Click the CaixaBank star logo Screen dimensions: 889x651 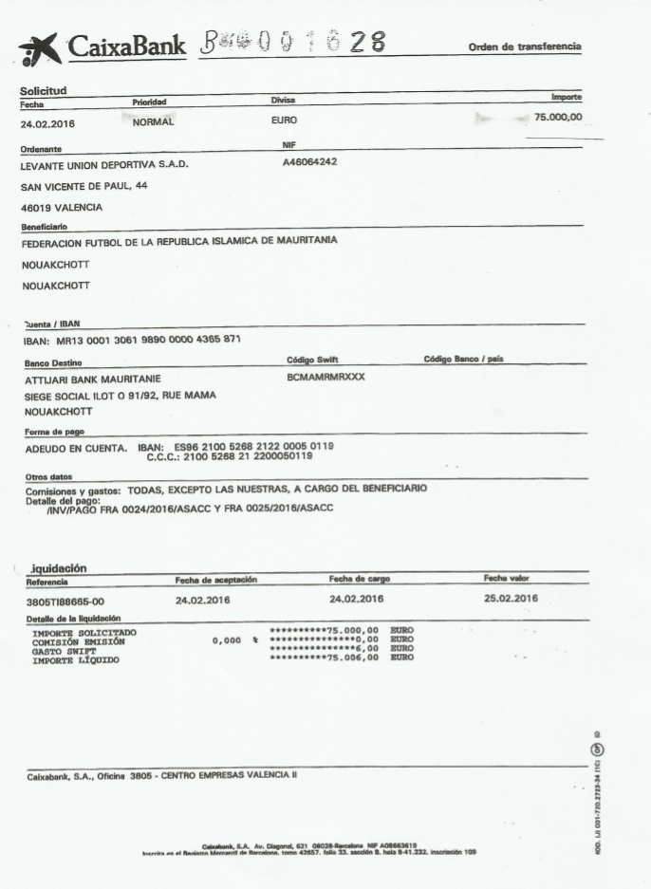(x=40, y=48)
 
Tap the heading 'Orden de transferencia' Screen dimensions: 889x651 (x=524, y=47)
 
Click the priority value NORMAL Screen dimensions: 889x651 (x=156, y=121)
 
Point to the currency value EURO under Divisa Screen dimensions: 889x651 (x=284, y=120)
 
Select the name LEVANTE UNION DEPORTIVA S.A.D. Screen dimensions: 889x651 (x=104, y=166)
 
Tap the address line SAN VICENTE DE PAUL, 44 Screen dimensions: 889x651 (x=84, y=186)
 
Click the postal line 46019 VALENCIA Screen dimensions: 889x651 (x=62, y=207)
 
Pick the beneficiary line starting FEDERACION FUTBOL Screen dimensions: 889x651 (x=179, y=240)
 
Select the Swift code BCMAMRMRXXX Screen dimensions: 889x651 (x=325, y=377)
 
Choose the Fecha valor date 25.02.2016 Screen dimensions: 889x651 (x=511, y=598)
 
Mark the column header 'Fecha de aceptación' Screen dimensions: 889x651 (x=216, y=579)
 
